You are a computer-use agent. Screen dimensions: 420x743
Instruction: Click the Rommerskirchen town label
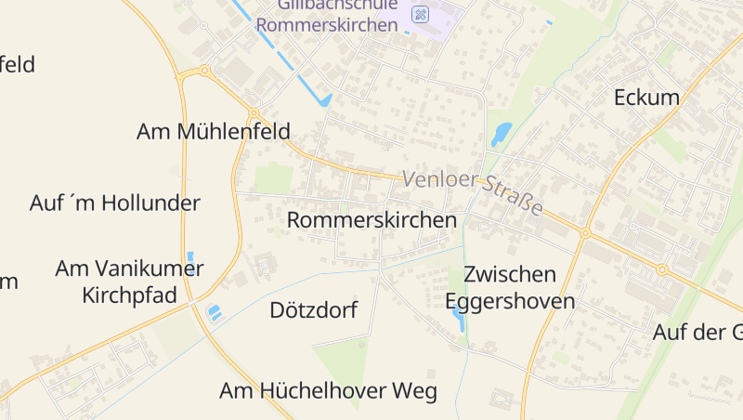click(371, 220)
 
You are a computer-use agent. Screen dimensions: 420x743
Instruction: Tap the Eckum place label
click(646, 98)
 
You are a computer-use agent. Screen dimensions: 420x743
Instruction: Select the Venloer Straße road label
click(472, 191)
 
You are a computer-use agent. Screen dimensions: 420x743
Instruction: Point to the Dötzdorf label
click(313, 310)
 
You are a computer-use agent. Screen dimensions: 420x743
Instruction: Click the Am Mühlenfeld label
click(213, 132)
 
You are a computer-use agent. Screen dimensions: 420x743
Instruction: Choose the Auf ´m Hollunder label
click(115, 203)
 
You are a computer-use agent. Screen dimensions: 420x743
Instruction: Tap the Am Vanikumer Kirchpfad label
click(129, 282)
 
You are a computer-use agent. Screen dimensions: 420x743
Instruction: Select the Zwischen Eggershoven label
click(510, 288)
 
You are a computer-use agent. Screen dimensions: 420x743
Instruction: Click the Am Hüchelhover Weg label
click(328, 391)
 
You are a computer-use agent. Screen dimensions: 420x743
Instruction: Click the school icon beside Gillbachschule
click(421, 14)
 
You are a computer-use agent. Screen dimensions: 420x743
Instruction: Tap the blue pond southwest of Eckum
click(501, 134)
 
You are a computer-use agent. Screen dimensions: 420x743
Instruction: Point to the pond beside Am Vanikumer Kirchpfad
click(215, 312)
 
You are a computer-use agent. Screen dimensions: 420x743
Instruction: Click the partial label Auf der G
click(697, 332)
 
